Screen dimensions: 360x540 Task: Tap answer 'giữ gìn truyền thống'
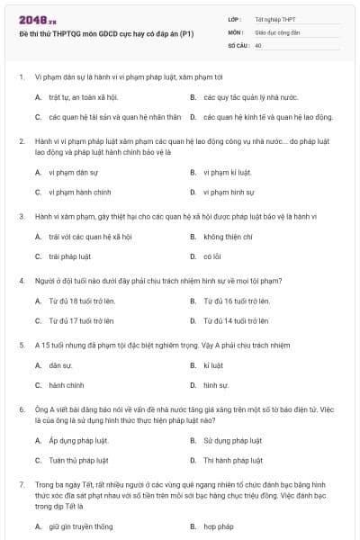pos(81,526)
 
